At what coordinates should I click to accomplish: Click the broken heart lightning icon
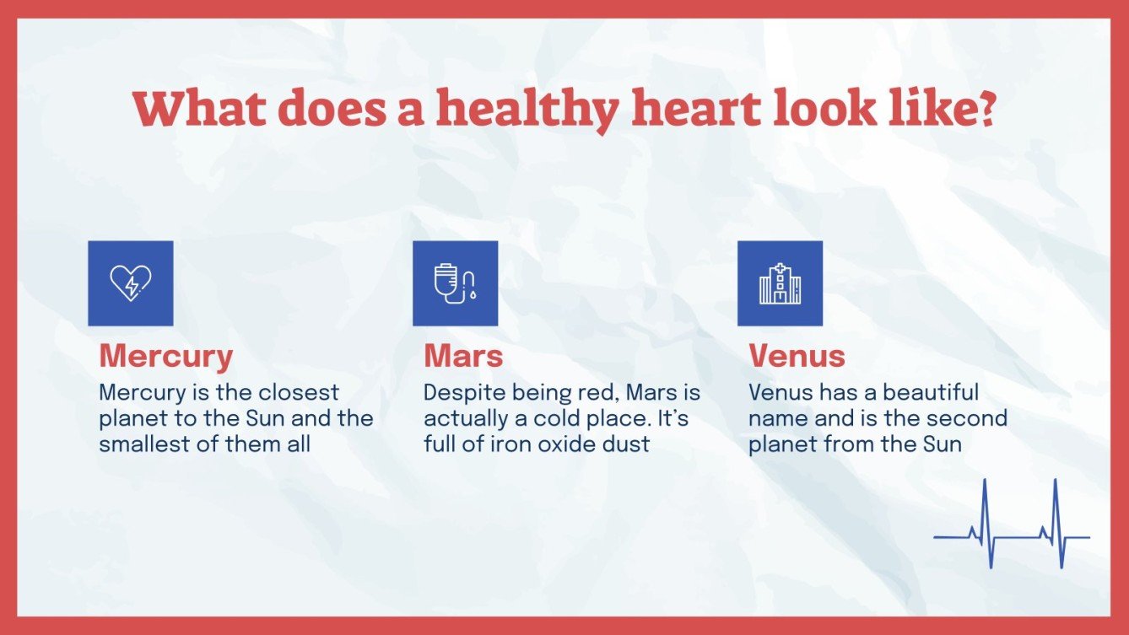click(131, 283)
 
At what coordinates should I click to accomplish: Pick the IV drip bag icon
click(455, 283)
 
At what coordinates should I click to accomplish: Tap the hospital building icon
click(780, 283)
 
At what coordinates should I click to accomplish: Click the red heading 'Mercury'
click(166, 356)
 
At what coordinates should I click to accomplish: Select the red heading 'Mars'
click(463, 356)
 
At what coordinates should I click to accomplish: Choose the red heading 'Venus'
click(797, 356)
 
